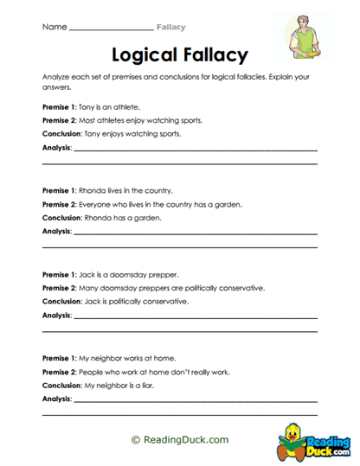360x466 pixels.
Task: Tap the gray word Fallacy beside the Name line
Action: pyautogui.click(x=170, y=28)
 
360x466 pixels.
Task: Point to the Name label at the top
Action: pyautogui.click(x=54, y=28)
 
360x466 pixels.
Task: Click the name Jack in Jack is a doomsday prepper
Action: pyautogui.click(x=86, y=273)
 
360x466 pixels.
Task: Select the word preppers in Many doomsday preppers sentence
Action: pyautogui.click(x=149, y=287)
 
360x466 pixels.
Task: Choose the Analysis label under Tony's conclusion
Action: pyautogui.click(x=57, y=149)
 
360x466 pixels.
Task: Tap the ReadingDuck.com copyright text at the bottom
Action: pyautogui.click(x=180, y=439)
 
